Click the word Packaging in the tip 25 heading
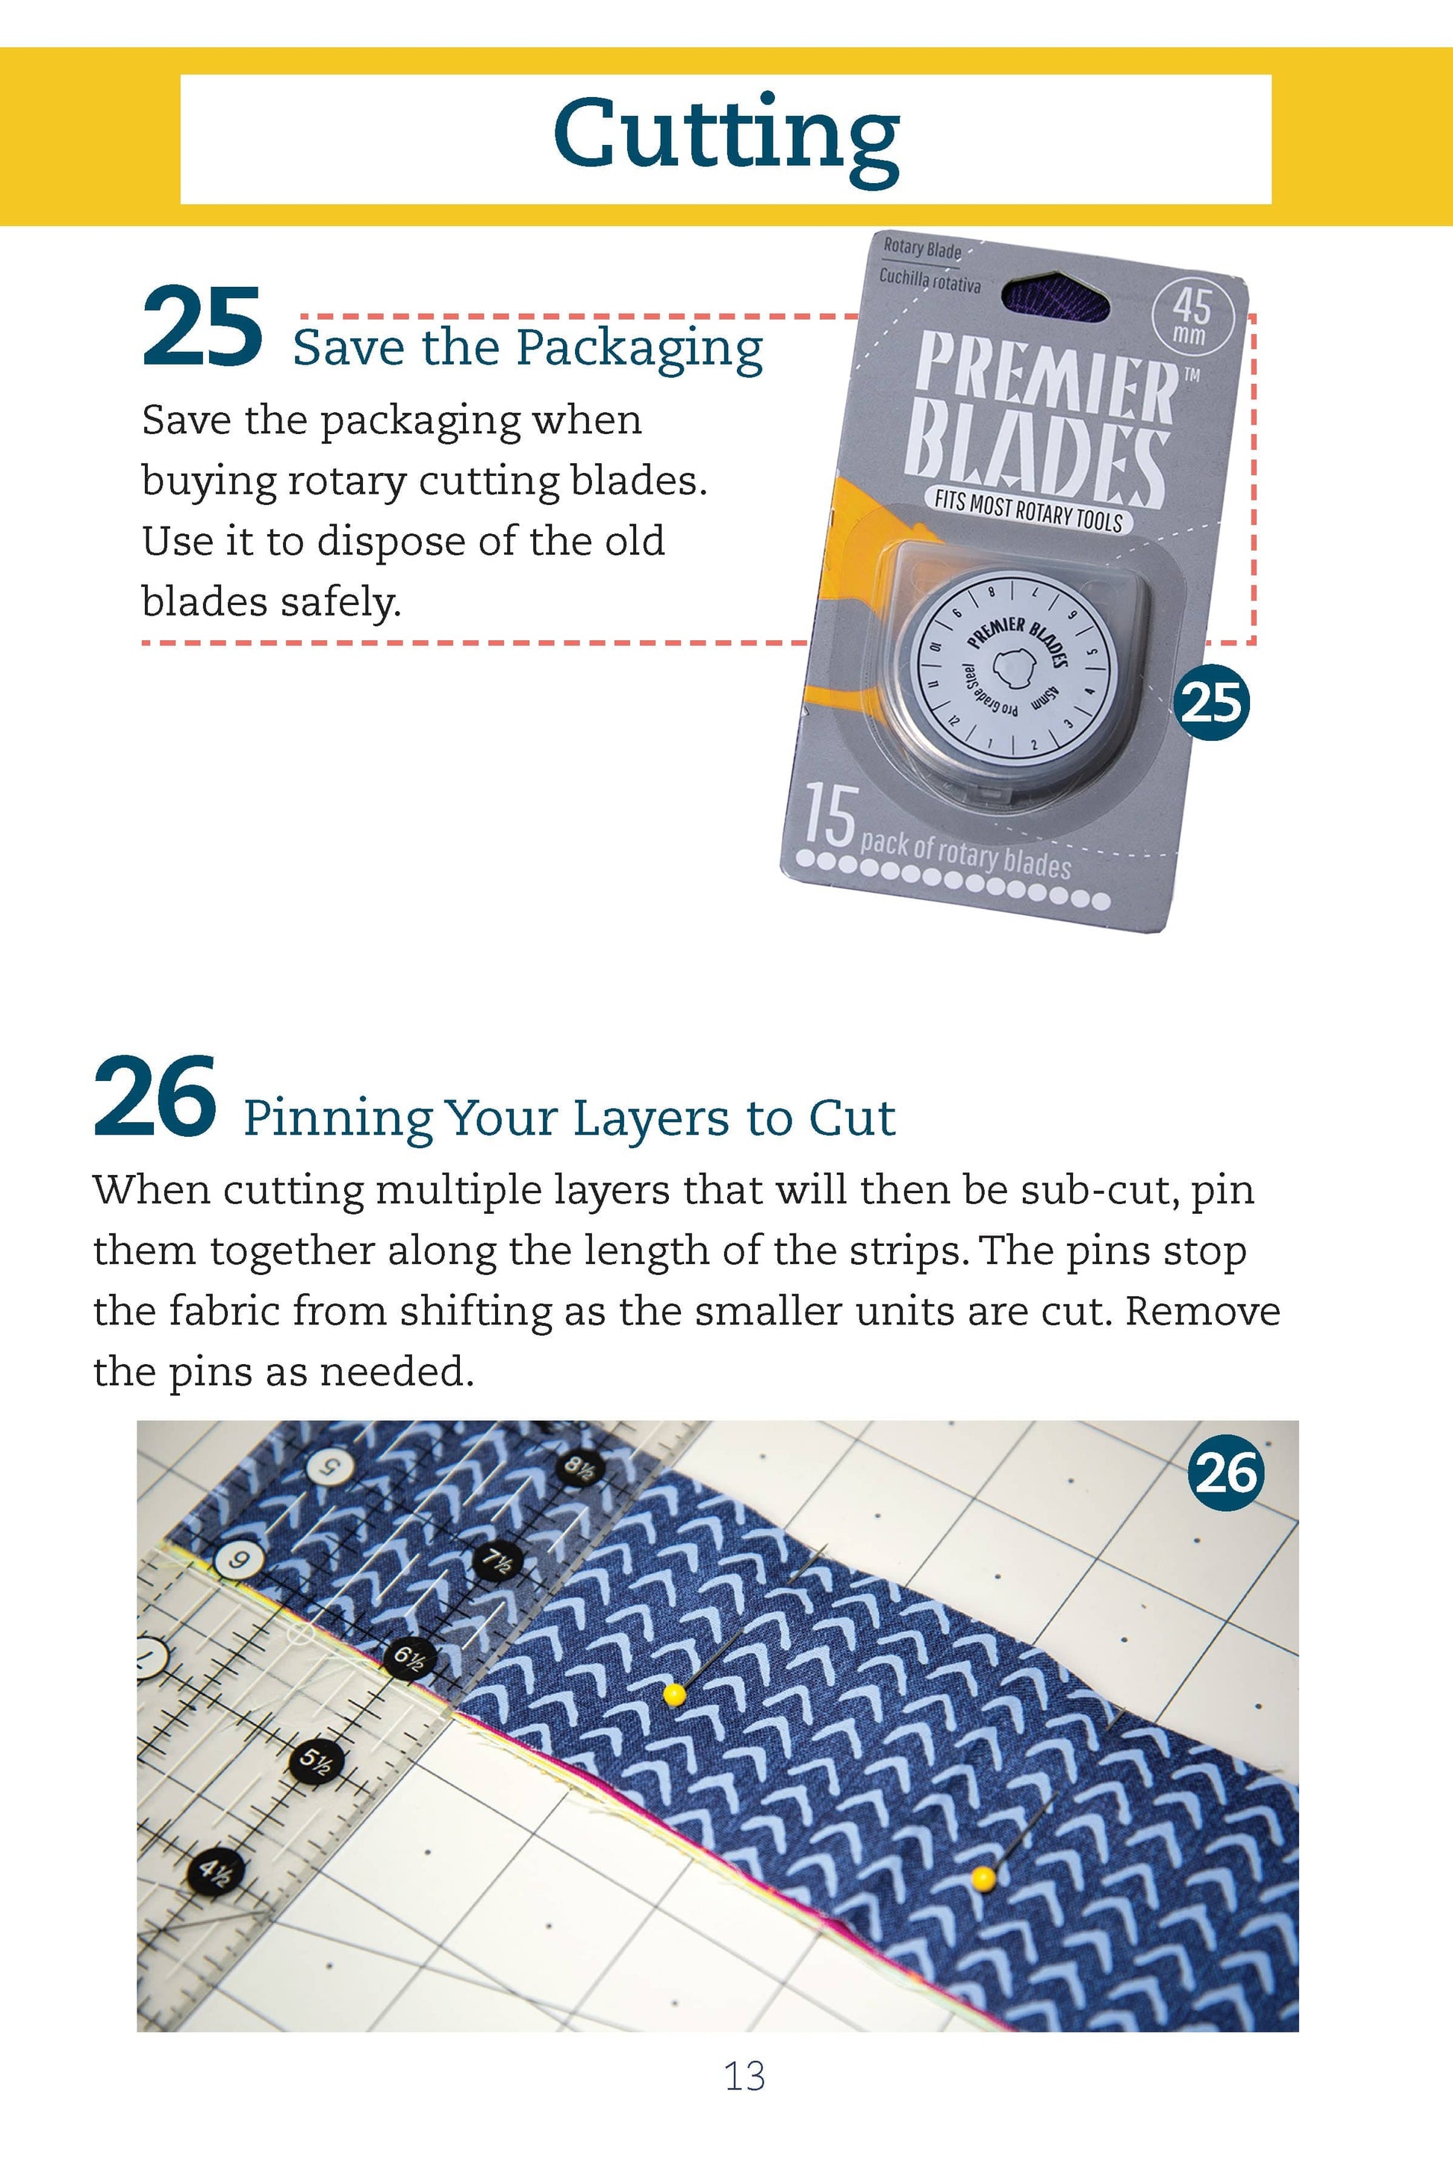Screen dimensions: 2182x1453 [638, 350]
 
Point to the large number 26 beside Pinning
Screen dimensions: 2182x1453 [155, 1097]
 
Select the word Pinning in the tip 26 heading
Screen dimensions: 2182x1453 [337, 1120]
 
